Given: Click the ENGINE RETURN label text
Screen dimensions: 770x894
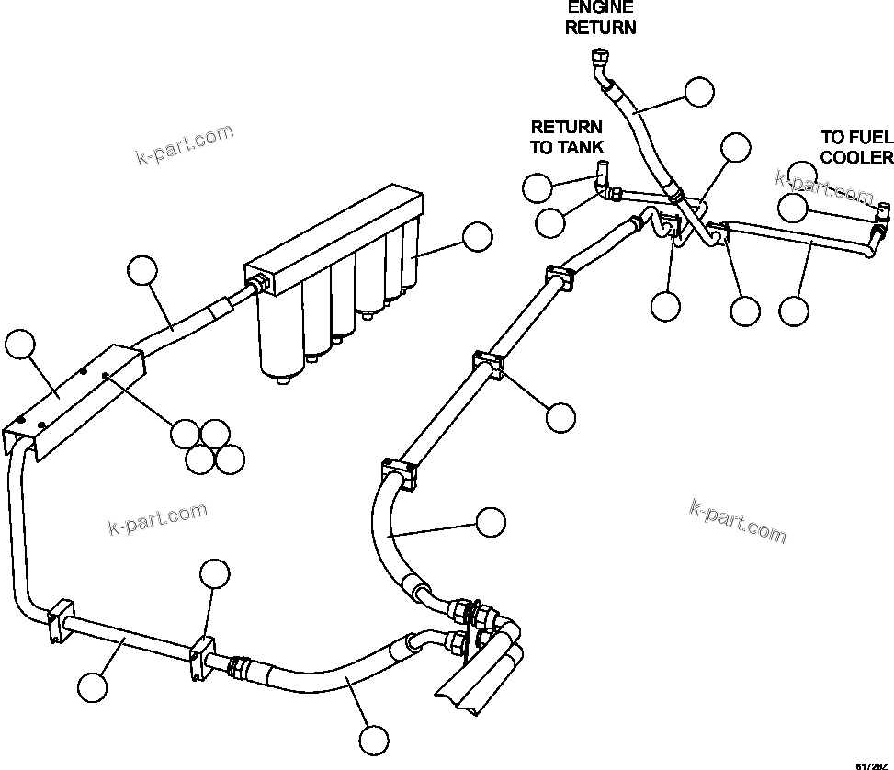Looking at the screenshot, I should pos(600,17).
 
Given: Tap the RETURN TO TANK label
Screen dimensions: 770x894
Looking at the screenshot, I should pos(566,137).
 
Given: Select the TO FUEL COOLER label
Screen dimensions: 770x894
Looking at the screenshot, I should pos(856,147).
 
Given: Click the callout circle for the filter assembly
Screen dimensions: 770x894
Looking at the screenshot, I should pos(477,237).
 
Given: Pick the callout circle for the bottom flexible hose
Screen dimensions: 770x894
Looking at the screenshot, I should pos(373,739).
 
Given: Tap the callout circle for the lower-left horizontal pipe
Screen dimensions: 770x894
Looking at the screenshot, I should pos(92,686).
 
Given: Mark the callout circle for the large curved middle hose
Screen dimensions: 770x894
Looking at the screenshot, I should pos(490,523).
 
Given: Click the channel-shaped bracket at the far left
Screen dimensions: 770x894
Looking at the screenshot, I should pos(69,404).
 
